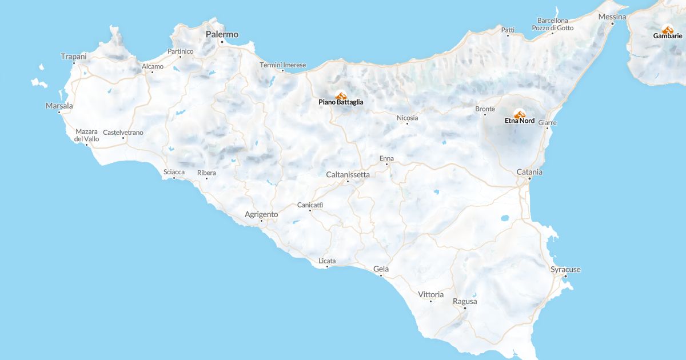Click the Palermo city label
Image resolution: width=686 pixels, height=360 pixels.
(222, 34)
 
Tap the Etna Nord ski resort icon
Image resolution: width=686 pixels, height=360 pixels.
(519, 114)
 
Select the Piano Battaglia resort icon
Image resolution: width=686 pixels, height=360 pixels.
(341, 95)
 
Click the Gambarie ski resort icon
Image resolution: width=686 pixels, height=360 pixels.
(667, 29)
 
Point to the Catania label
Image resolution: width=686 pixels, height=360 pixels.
(529, 172)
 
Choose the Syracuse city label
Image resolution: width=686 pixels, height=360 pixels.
(565, 269)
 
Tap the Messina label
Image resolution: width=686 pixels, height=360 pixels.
(612, 17)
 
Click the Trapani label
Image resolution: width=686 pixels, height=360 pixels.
(74, 56)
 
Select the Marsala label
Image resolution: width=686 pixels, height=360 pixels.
(59, 106)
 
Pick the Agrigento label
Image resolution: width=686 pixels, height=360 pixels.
(261, 214)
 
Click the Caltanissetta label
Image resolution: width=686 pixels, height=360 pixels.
(348, 174)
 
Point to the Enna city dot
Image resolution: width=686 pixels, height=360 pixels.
(386, 165)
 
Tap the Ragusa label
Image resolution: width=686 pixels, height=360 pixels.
(465, 301)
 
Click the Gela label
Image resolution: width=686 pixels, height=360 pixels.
(381, 269)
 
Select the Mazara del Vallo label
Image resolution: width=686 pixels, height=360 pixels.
(87, 135)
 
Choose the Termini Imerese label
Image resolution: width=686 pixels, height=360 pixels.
(283, 65)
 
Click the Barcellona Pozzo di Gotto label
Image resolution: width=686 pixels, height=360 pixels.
(552, 24)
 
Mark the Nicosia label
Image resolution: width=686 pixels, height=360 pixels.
(407, 118)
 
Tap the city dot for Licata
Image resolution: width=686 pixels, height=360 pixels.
(328, 266)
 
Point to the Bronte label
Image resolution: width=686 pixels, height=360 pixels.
(485, 109)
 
